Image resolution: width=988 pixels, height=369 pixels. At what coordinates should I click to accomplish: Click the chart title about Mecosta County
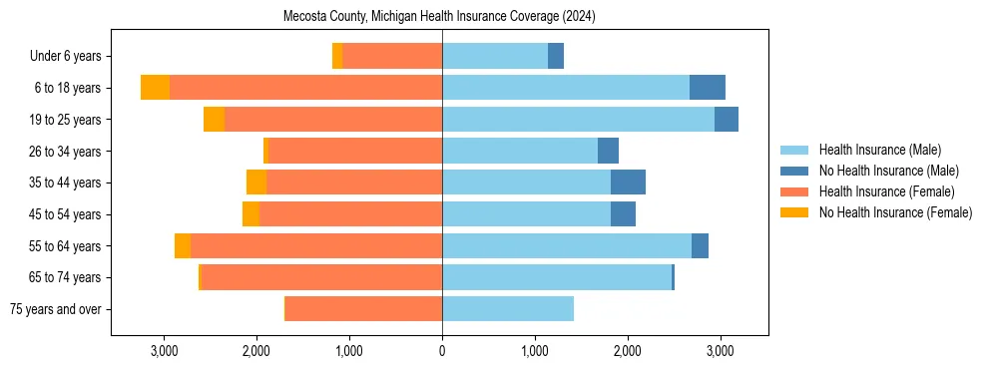440,16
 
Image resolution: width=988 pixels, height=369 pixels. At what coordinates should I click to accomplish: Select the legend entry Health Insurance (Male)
879,150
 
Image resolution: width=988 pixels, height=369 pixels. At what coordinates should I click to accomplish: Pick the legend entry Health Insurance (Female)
886,191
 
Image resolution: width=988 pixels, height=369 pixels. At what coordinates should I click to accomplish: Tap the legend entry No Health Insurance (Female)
895,212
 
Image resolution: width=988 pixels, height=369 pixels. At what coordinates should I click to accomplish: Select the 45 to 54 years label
66,214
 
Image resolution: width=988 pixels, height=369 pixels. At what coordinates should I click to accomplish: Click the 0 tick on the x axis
442,351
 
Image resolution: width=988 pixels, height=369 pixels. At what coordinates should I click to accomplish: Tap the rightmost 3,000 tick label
721,351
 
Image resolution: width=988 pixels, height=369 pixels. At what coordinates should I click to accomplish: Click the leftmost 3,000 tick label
164,351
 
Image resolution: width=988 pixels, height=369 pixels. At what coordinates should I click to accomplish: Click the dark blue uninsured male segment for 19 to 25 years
727,120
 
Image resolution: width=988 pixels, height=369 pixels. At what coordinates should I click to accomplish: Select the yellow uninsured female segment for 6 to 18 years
155,88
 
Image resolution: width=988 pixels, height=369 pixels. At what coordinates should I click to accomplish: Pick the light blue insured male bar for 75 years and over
508,309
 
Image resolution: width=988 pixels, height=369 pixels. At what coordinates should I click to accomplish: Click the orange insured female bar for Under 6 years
392,57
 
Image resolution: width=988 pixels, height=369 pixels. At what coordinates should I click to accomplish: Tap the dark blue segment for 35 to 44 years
628,183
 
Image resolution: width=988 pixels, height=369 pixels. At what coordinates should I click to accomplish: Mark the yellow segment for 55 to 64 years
183,246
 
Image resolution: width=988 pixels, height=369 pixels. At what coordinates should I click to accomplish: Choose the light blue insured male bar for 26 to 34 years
520,152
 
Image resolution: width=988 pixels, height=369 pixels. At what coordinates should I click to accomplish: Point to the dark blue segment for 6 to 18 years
708,88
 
